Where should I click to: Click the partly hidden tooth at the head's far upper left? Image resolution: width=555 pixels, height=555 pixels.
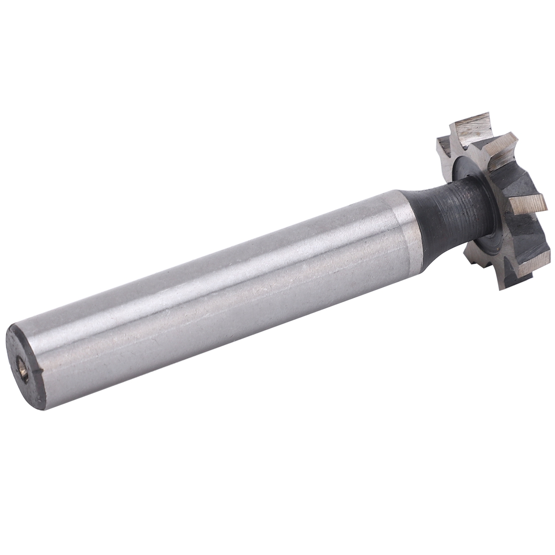pos(442,146)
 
